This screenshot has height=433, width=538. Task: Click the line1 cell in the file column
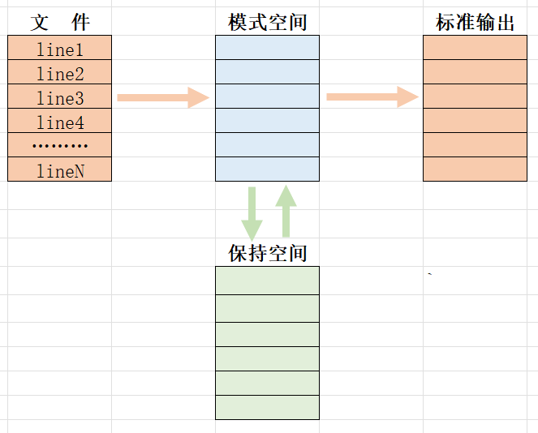click(59, 49)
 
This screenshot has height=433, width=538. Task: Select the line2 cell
click(59, 73)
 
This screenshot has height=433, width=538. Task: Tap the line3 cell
click(59, 97)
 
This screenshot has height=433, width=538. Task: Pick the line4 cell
click(59, 122)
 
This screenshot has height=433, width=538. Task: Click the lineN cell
click(59, 169)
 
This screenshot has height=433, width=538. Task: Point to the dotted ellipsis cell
click(59, 145)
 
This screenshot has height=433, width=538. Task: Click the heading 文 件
click(59, 23)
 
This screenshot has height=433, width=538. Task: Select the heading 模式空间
click(267, 23)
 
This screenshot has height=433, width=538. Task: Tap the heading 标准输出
click(475, 23)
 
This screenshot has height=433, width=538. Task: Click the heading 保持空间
click(267, 253)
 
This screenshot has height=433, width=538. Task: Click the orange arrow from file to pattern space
click(163, 97)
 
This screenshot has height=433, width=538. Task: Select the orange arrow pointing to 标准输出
click(372, 97)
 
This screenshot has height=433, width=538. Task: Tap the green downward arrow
click(252, 212)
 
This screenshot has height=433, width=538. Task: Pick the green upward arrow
click(285, 210)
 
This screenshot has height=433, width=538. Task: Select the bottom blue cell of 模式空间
click(267, 169)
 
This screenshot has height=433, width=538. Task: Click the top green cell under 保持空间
click(267, 281)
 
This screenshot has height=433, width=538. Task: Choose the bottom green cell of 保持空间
click(267, 407)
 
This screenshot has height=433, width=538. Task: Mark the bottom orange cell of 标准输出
click(475, 169)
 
